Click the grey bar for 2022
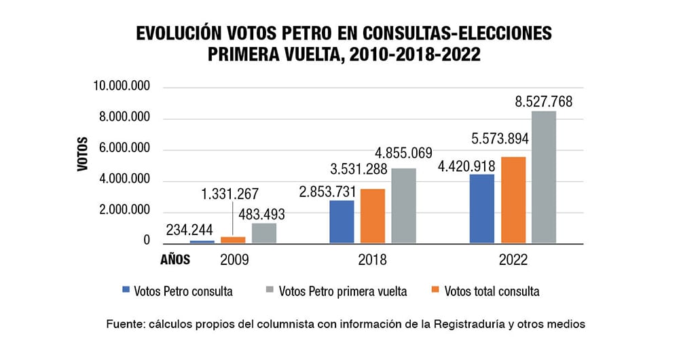[x=544, y=177]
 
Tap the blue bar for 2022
[x=482, y=209]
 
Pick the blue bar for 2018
[x=342, y=221]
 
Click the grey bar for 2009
[x=264, y=233]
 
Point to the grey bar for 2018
[x=404, y=206]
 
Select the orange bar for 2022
[x=513, y=200]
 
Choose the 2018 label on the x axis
[x=372, y=260]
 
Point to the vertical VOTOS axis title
[x=83, y=154]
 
